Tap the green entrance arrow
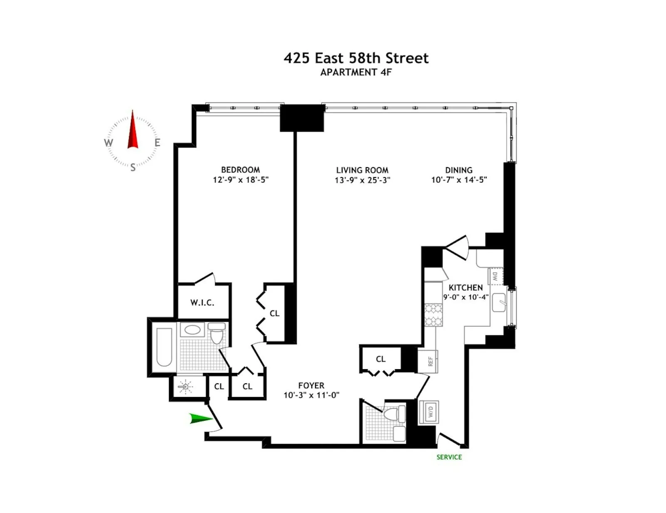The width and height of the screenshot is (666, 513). point(200,419)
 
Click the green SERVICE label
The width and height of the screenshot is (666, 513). point(449,457)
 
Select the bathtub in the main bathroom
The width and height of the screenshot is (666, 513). point(164,347)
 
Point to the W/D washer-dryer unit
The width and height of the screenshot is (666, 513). point(428,412)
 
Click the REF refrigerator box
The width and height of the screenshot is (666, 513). point(430,361)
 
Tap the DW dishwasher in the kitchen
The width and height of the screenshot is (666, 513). point(495,276)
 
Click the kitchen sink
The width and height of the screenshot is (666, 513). point(499,302)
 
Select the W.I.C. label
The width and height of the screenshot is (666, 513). point(202,303)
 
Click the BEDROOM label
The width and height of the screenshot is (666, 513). point(241,170)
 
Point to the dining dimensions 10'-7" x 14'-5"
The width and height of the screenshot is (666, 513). point(459,180)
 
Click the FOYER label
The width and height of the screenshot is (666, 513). point(311,385)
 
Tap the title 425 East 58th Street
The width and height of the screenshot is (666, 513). point(356,58)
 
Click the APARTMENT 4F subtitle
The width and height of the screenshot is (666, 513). point(356,72)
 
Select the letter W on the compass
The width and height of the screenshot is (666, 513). point(109,143)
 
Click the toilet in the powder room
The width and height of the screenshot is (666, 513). point(393,414)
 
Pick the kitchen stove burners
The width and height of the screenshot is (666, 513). point(433,315)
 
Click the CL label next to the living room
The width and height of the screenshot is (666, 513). point(380,359)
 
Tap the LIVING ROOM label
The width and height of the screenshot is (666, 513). point(362,170)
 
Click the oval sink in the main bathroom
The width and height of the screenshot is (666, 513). point(192,330)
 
